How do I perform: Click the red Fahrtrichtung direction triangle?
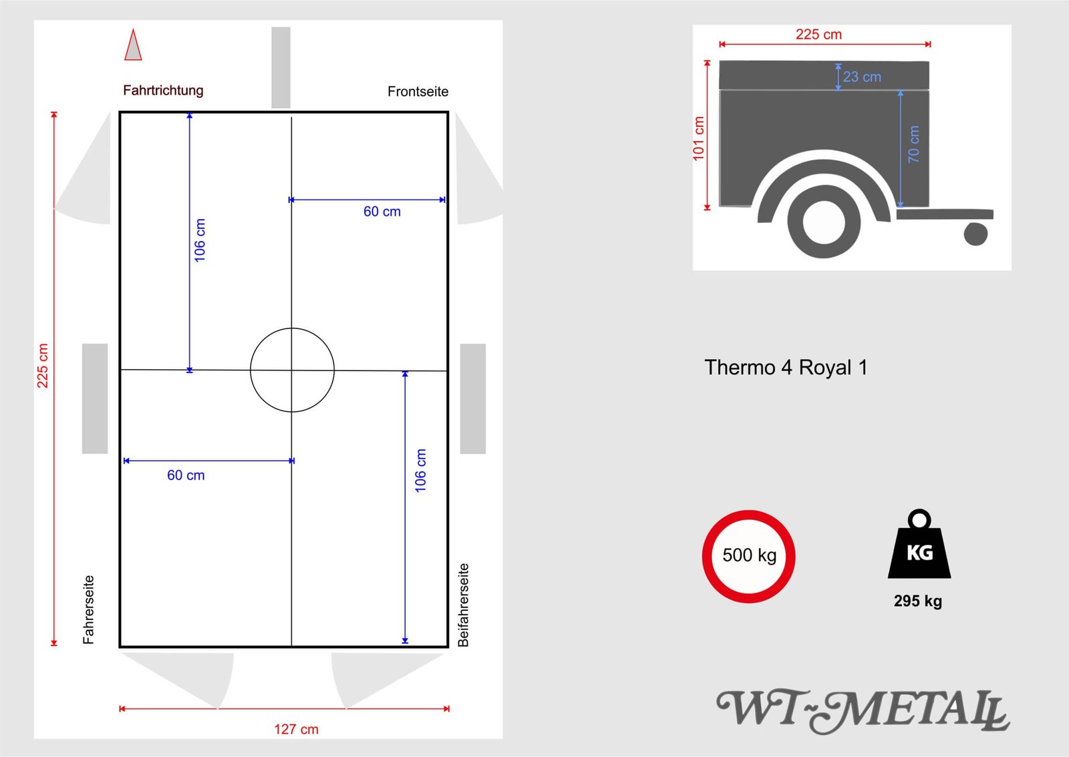[133, 46]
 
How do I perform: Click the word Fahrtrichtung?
[163, 91]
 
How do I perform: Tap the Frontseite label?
[418, 91]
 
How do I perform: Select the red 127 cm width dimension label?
[296, 729]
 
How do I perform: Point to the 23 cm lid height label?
[861, 77]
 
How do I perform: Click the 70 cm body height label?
[913, 144]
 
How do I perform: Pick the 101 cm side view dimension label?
[698, 138]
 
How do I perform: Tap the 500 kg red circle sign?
[748, 556]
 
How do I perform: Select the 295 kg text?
[918, 601]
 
